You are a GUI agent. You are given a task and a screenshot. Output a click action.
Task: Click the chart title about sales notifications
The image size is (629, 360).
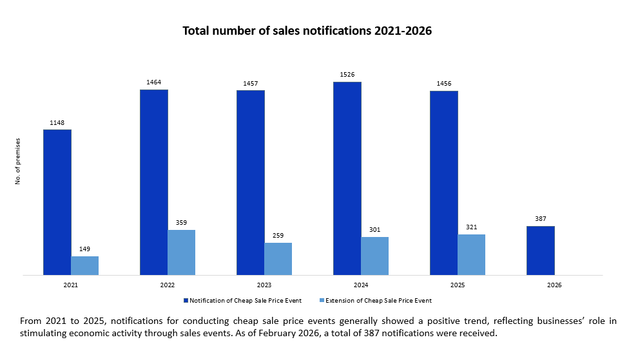tap(307, 31)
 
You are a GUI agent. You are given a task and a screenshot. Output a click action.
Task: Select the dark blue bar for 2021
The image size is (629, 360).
tap(57, 202)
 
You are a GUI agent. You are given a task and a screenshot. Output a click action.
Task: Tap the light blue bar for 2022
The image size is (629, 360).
tap(182, 252)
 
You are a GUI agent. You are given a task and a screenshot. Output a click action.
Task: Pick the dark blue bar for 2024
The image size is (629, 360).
tap(347, 178)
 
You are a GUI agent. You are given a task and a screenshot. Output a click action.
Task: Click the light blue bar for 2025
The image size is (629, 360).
tap(472, 254)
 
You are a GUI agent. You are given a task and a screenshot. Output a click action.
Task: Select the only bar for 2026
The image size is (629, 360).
tap(541, 251)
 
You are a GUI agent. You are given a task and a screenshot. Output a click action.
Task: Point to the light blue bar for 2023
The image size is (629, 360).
tap(278, 259)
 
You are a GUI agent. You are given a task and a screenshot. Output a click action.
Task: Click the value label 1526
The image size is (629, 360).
tap(347, 75)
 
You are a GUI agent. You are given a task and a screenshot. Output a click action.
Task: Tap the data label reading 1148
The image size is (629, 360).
tap(57, 122)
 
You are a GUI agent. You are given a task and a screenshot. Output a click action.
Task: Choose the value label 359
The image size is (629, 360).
tap(182, 223)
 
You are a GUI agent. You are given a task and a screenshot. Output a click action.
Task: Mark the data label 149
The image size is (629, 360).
tap(85, 249)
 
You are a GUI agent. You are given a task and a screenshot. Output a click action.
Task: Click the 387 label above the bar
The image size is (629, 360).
tap(541, 219)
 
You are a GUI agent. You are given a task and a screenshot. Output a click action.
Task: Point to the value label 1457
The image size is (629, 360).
tap(251, 83)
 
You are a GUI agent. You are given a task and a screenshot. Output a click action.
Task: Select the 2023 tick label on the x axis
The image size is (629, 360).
tap(264, 284)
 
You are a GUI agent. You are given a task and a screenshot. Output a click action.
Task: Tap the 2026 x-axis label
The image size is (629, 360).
tap(554, 284)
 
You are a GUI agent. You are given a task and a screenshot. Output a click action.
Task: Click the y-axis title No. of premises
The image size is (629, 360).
tap(18, 161)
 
